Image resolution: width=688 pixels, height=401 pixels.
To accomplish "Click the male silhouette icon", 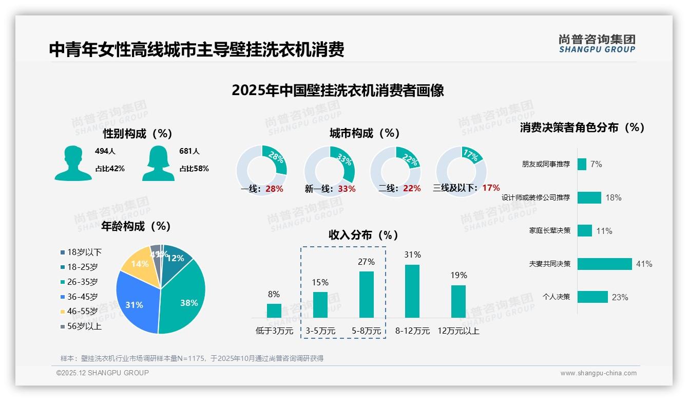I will click(73, 163).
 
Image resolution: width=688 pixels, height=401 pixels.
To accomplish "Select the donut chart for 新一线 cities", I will click(329, 171).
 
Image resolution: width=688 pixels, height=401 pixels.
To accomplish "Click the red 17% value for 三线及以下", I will click(491, 188).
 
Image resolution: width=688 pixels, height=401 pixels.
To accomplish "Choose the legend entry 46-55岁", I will click(82, 312).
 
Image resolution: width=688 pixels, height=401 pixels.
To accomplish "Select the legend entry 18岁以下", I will click(84, 252).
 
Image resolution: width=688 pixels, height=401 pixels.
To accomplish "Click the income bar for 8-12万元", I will click(412, 291).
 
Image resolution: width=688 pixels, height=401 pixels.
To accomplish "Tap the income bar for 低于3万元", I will click(274, 311).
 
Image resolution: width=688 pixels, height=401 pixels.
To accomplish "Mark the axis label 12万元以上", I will click(458, 331).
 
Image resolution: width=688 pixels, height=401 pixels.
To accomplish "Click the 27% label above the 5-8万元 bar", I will click(366, 262).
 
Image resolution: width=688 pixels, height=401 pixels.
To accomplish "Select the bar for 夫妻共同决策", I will click(604, 264).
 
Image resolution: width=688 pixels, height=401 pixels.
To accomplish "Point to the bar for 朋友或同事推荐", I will click(582, 164).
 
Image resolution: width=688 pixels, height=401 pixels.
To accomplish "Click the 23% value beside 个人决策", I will click(620, 297).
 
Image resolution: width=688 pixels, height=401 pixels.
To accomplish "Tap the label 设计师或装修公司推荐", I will click(536, 197).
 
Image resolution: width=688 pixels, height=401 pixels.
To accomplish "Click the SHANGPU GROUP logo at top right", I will click(597, 44).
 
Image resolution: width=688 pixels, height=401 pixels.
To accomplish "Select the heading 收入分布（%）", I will click(364, 235).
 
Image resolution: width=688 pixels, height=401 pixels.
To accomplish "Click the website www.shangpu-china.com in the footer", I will click(598, 373).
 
